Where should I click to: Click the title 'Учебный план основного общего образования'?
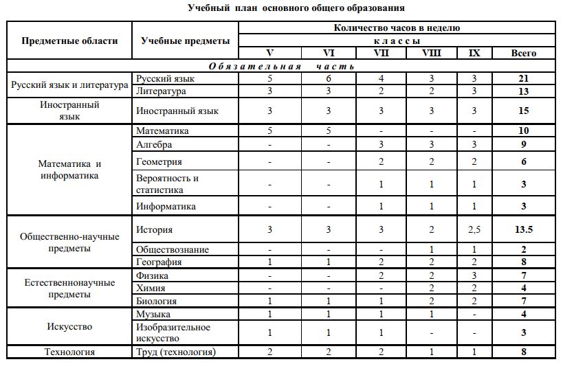pyautogui.click(x=296, y=8)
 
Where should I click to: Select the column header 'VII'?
pyautogui.click(x=380, y=53)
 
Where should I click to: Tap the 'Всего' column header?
pyautogui.click(x=524, y=53)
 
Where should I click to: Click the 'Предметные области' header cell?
pyautogui.click(x=69, y=41)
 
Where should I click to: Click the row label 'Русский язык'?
pyautogui.click(x=163, y=79)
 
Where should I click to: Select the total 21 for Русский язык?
pyautogui.click(x=524, y=79)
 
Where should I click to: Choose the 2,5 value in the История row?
pyautogui.click(x=474, y=230)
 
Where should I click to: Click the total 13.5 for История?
pyautogui.click(x=524, y=230)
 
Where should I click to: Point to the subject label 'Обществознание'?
pyautogui.click(x=173, y=249)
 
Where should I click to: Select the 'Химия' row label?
pyautogui.click(x=151, y=288)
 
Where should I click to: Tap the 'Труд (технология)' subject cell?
pyautogui.click(x=176, y=352)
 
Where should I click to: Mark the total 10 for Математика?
pyautogui.click(x=524, y=130)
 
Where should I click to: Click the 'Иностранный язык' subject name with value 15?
pyautogui.click(x=177, y=111)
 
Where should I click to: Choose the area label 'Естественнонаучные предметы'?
pyautogui.click(x=69, y=288)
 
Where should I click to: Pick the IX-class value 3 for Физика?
pyautogui.click(x=474, y=275)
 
